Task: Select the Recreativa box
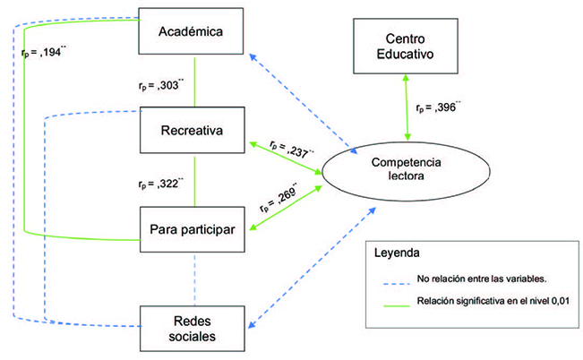coord(190,132)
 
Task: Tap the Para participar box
coord(190,228)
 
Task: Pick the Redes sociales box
coord(190,326)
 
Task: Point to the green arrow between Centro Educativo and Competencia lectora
coord(408,108)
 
